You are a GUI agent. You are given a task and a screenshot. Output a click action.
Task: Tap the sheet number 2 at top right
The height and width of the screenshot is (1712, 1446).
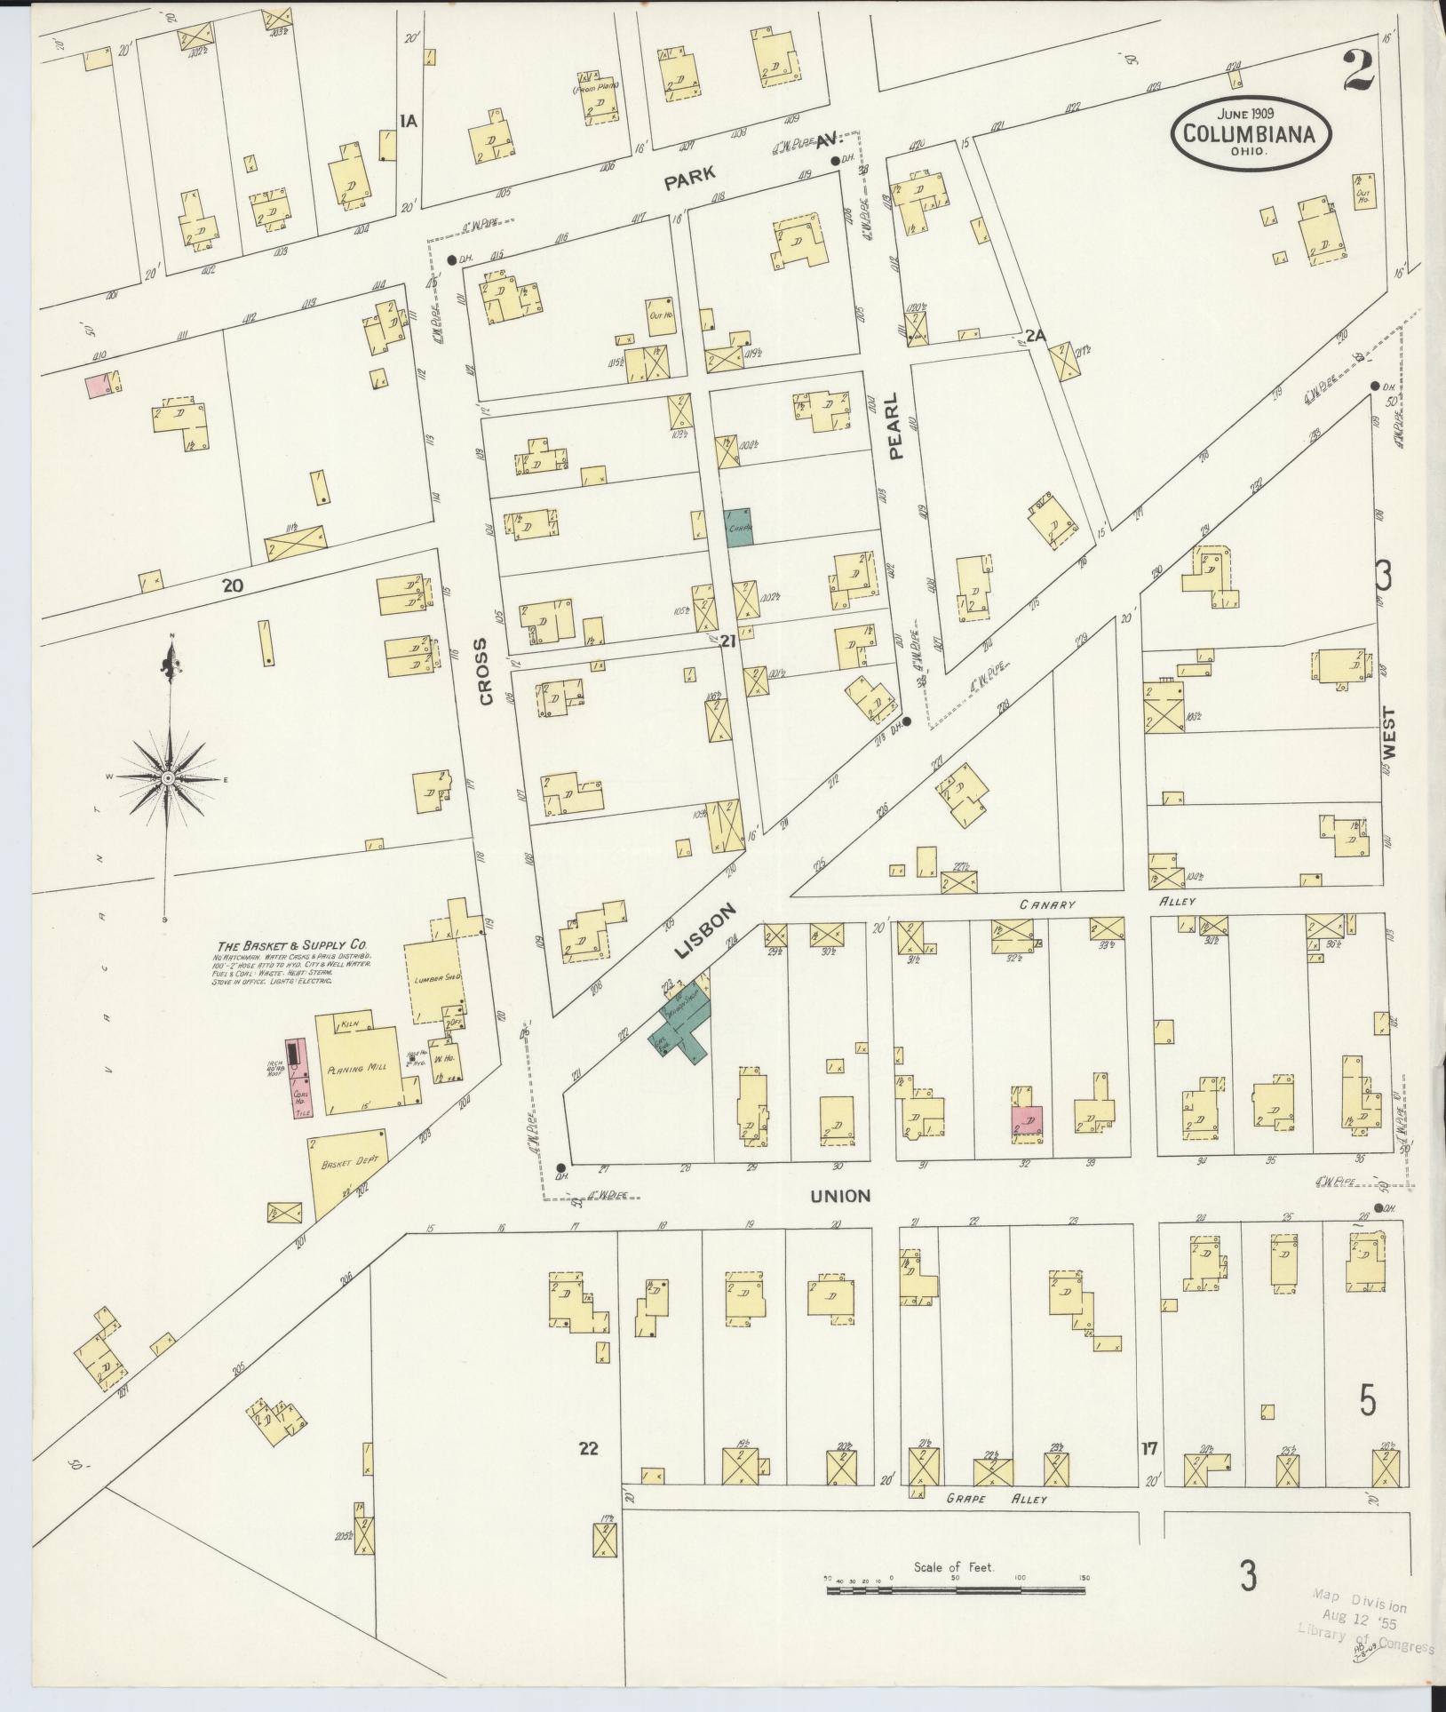1360,70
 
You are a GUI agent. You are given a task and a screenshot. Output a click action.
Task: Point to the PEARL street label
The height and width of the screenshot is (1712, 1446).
893,426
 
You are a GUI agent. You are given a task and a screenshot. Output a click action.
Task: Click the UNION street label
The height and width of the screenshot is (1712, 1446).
840,1197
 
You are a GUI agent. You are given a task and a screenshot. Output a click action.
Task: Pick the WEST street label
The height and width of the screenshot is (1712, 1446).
1389,732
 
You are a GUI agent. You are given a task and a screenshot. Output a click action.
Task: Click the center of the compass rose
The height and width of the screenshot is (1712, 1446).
167,778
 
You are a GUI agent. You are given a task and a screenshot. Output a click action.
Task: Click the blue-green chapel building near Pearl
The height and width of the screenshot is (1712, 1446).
738,527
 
